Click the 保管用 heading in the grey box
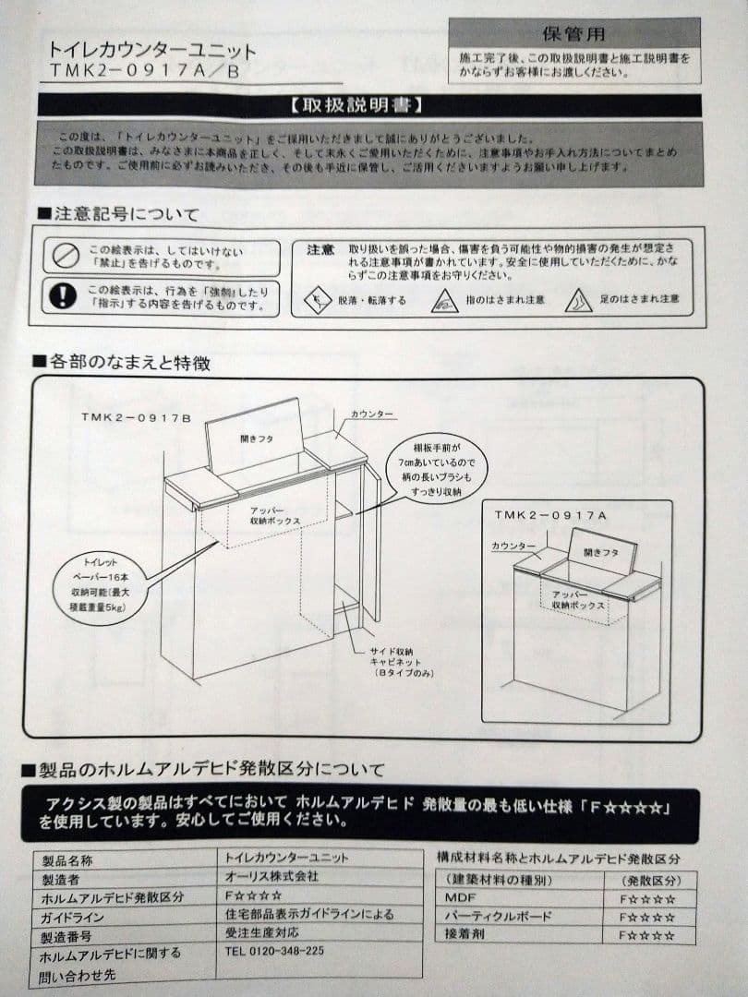click(573, 35)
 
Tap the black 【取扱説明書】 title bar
click(368, 104)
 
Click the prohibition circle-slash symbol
click(66, 256)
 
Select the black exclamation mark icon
click(63, 295)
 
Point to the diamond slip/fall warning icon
click(319, 300)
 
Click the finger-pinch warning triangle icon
click(445, 300)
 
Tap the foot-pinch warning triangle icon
click(579, 299)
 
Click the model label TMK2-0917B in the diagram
click(135, 418)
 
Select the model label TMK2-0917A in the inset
click(550, 515)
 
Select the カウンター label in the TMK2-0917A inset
click(513, 547)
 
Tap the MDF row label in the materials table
click(460, 896)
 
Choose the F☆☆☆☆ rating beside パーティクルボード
click(646, 917)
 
